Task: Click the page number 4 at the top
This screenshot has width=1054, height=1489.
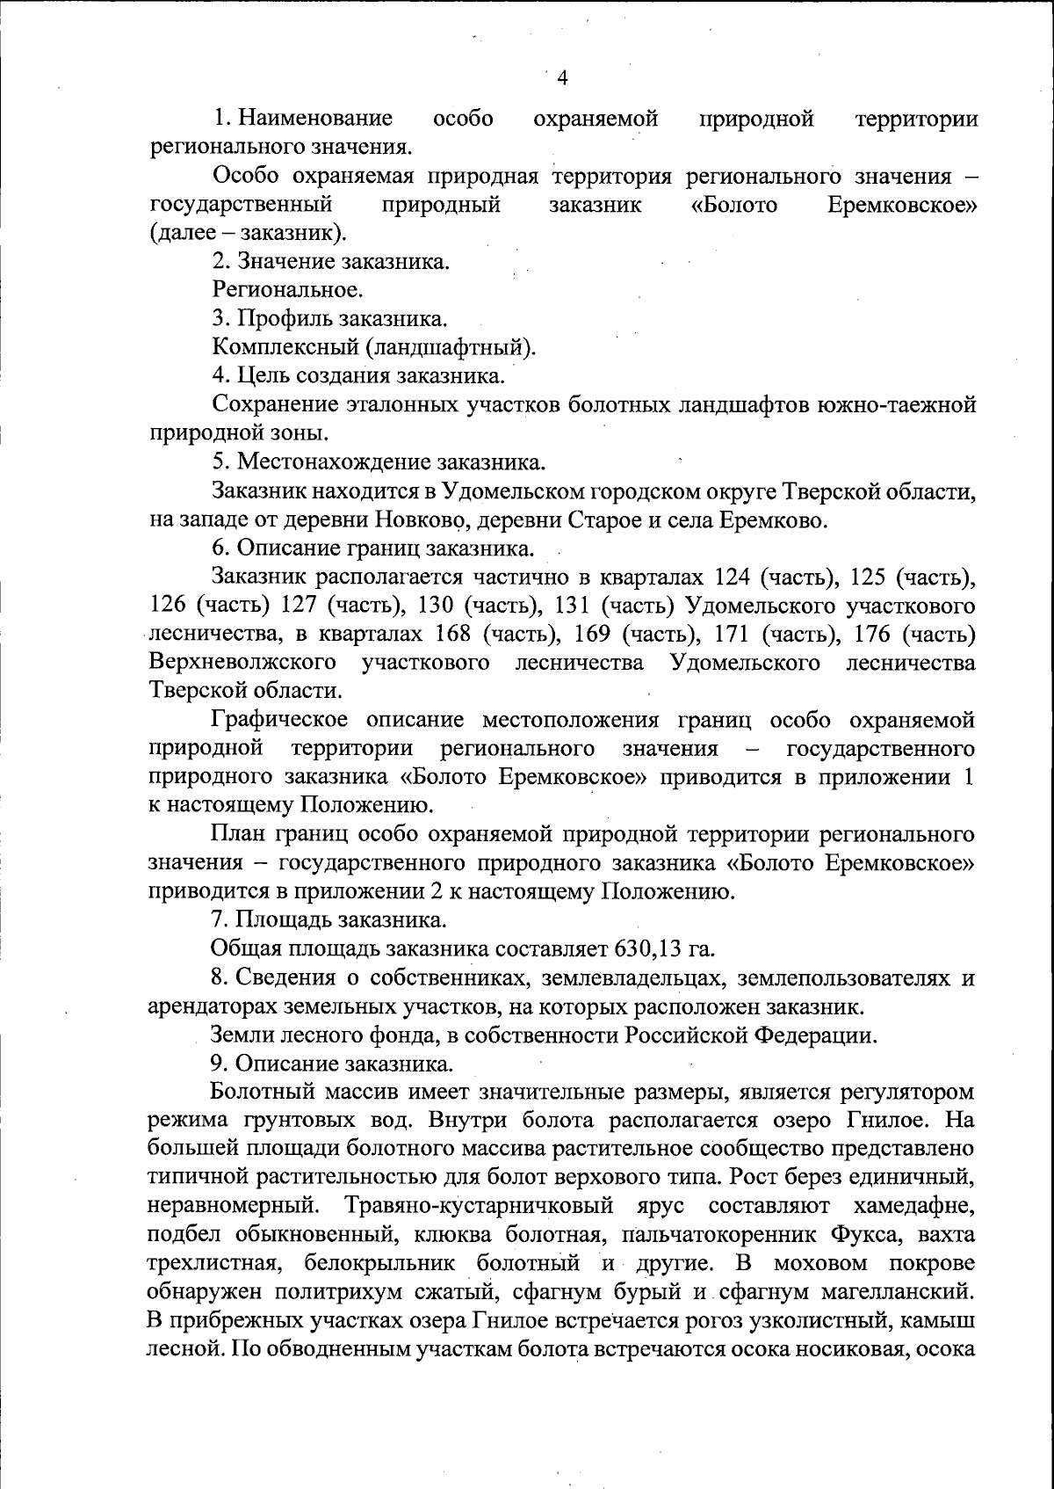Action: pos(563,78)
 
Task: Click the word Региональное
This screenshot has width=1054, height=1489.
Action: pos(287,289)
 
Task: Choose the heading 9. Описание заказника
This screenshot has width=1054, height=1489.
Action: pos(333,1064)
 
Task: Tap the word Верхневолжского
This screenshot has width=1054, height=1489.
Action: pos(243,662)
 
